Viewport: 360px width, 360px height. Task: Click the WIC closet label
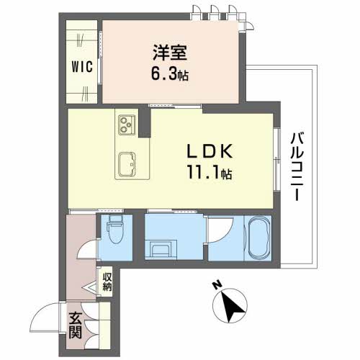tap(82, 66)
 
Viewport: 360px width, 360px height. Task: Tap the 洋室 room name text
tap(170, 53)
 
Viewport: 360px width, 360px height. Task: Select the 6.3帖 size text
tap(169, 73)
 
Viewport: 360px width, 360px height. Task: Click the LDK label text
tap(210, 151)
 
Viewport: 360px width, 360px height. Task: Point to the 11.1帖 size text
tap(210, 173)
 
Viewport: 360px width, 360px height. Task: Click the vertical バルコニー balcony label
tap(297, 166)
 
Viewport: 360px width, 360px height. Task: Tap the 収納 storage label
tap(107, 282)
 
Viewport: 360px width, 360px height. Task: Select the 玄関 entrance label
tap(76, 325)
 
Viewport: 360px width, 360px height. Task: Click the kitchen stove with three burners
tap(127, 124)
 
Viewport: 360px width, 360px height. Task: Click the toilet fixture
tap(116, 229)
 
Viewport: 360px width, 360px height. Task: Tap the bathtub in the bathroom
tap(258, 238)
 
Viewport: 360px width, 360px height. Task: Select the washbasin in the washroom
tap(161, 249)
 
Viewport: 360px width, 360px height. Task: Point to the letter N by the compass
tap(217, 285)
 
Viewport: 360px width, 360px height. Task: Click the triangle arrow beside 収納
tap(89, 287)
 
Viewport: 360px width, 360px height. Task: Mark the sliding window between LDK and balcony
tap(276, 160)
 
